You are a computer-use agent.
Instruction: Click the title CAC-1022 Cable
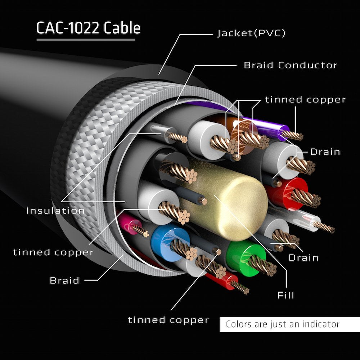click(88, 28)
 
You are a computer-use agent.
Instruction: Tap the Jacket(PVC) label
click(251, 33)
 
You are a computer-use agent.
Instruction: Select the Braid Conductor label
click(291, 65)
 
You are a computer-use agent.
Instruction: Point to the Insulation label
click(55, 211)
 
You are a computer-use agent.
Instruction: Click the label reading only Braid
click(64, 280)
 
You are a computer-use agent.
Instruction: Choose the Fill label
click(285, 296)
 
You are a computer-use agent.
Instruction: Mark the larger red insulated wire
click(288, 193)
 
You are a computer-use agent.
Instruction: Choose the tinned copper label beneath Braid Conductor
click(305, 100)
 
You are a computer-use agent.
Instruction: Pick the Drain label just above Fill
click(303, 258)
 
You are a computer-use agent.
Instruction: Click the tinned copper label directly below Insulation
click(53, 252)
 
